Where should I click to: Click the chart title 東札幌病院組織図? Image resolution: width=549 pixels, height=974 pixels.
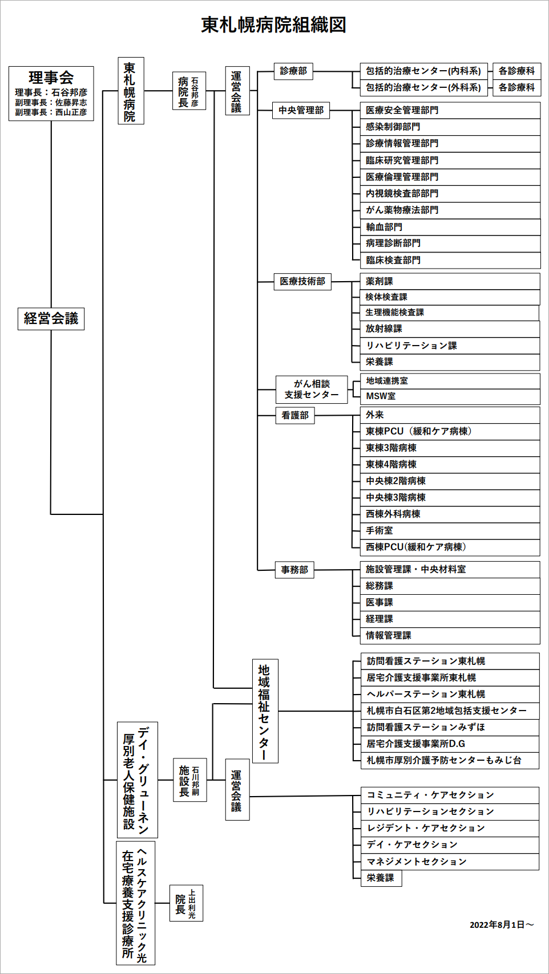pos(273,25)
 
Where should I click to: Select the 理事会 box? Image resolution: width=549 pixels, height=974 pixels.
pos(51,94)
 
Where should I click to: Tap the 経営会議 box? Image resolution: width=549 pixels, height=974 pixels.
pos(51,319)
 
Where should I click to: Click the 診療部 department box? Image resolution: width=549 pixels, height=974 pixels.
pos(293,71)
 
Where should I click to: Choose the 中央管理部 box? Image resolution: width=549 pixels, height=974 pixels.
pos(301,110)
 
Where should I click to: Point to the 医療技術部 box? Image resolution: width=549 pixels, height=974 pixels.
pos(302,281)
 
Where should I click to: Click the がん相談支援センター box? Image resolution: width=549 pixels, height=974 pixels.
pos(312,389)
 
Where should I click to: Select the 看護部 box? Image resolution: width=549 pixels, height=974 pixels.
pos(295,415)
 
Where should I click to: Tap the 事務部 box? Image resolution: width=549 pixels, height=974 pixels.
pos(294,570)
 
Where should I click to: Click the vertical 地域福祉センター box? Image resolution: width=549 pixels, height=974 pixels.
pos(265,711)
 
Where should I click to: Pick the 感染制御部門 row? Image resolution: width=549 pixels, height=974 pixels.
pos(450,127)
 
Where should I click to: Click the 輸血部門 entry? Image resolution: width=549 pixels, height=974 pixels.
pos(450,227)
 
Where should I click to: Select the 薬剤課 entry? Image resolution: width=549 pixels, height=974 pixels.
pos(450,281)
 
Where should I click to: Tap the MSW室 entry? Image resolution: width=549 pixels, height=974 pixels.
pos(450,396)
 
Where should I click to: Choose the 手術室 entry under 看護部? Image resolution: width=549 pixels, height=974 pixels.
pos(450,530)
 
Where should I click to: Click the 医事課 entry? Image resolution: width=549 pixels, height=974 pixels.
pos(450,603)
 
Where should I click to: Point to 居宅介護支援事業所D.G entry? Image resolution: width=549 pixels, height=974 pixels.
pos(450,744)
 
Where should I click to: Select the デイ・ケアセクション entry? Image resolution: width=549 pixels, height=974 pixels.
pos(450,845)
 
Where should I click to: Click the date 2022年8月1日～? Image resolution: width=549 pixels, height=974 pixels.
pos(502,925)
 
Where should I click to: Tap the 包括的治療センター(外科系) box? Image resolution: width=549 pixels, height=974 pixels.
pos(423,87)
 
